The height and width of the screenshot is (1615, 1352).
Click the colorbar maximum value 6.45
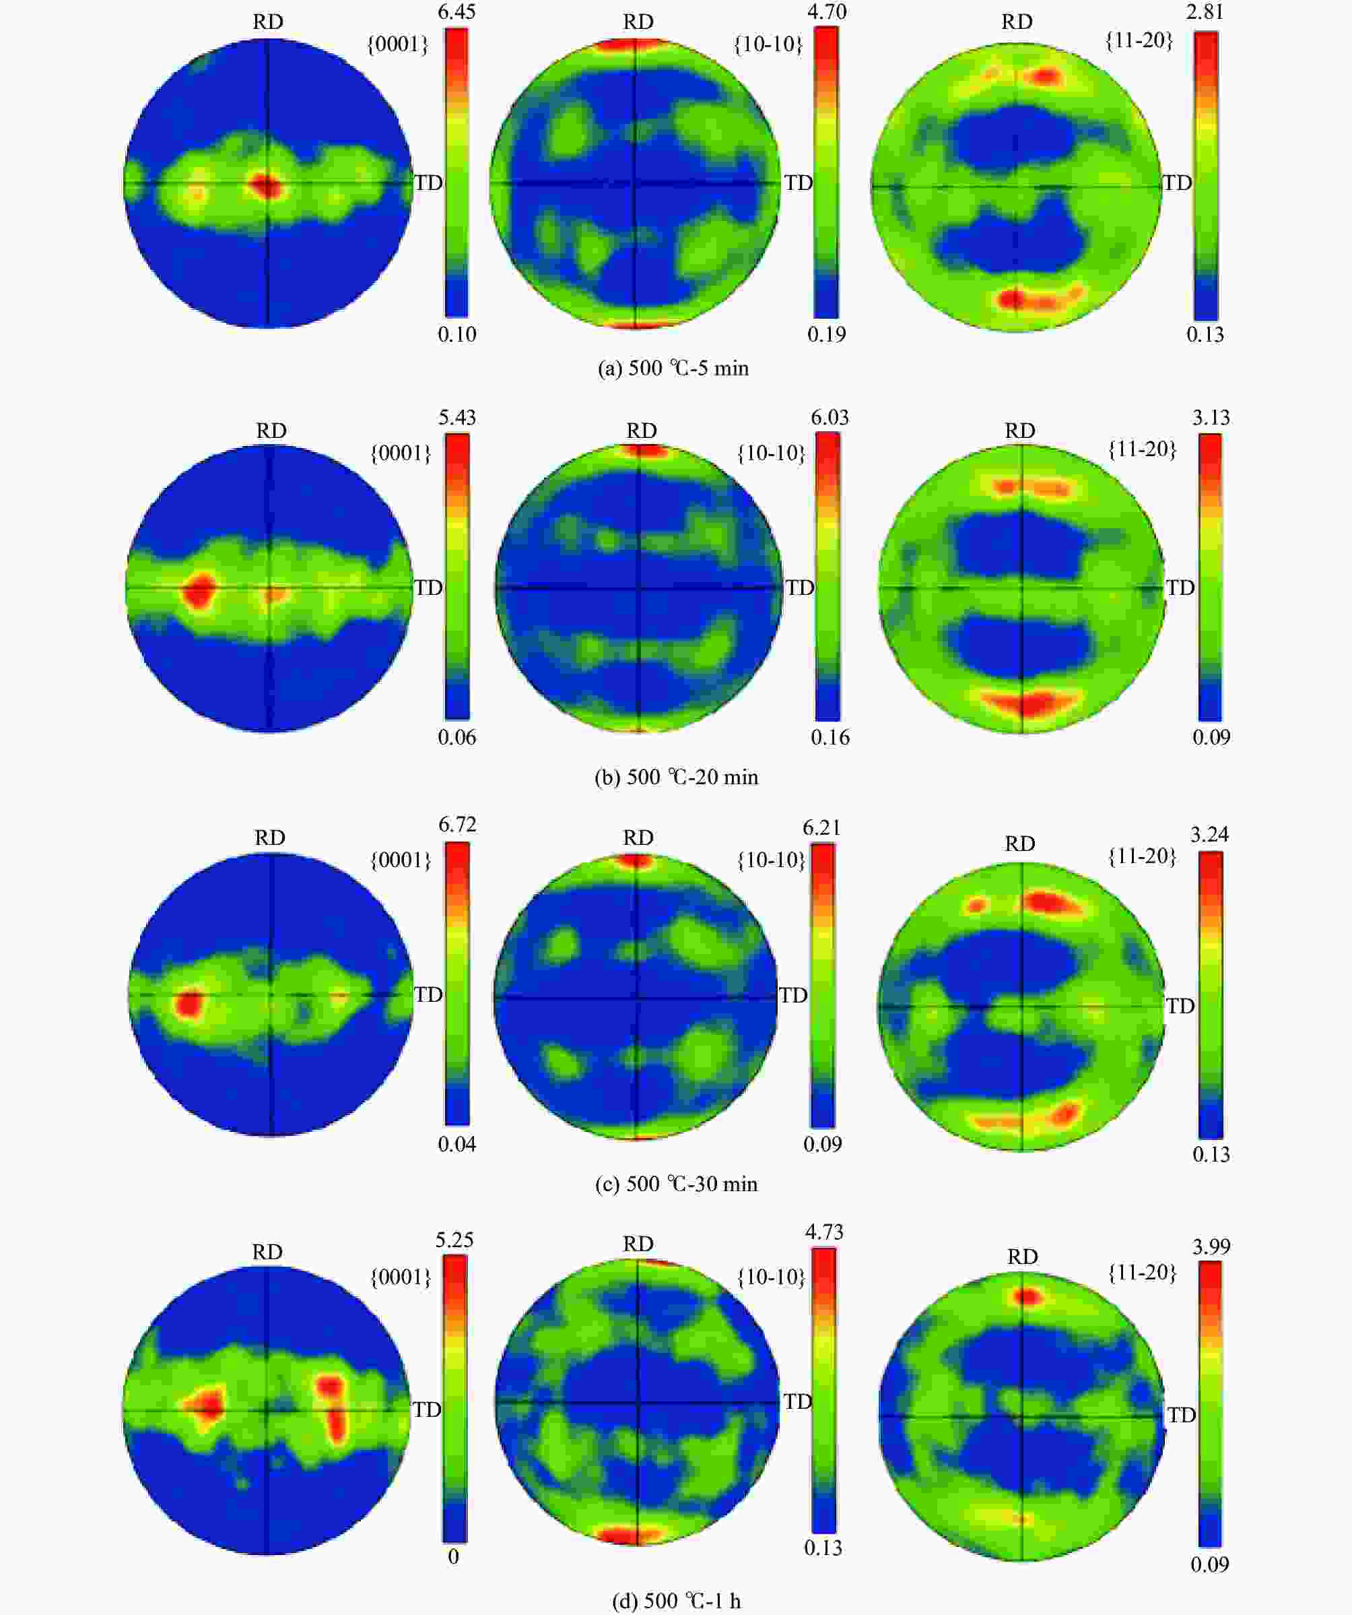457,11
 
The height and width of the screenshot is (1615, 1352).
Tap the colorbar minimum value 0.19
826,335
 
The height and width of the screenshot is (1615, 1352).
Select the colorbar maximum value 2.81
1205,11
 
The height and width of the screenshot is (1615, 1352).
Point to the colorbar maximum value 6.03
830,418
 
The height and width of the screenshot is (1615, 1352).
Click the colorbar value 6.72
457,825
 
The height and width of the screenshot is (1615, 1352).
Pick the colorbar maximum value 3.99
1211,1246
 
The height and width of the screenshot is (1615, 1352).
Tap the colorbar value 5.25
454,1240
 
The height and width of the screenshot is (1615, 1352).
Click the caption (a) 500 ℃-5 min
673,369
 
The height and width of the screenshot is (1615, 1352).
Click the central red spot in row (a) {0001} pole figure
266,185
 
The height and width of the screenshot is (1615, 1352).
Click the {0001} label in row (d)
401,1277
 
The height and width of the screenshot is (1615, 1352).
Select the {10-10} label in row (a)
768,44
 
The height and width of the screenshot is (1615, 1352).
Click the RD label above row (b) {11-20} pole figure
1020,431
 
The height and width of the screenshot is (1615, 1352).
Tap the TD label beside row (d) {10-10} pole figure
797,1402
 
